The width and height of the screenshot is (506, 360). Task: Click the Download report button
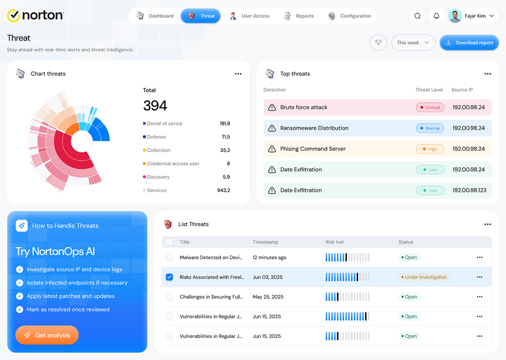point(469,43)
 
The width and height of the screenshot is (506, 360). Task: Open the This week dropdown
point(413,43)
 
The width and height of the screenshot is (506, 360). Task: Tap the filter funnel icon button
point(378,43)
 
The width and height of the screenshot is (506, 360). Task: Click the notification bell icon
point(437,16)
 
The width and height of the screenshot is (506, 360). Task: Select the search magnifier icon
point(418,16)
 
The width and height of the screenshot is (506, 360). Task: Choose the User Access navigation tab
point(249,16)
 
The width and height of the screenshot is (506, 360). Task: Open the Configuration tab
point(350,16)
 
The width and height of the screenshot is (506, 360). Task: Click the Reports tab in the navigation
point(299,16)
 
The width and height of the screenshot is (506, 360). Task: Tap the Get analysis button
point(47,335)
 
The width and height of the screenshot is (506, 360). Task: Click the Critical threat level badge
point(430,108)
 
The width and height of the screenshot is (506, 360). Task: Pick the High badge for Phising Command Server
point(430,149)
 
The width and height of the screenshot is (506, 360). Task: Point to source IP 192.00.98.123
point(469,190)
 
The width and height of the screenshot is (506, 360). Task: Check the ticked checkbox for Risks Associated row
point(169,277)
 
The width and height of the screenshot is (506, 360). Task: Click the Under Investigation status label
point(423,277)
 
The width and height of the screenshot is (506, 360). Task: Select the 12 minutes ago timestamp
point(270,257)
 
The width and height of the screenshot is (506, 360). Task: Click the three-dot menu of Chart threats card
point(238,74)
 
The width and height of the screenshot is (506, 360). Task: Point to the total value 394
point(155,106)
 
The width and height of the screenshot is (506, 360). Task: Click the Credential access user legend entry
point(171,164)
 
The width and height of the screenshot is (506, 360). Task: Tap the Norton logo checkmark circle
point(14,15)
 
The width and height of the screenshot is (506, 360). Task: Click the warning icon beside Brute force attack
point(272,108)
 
